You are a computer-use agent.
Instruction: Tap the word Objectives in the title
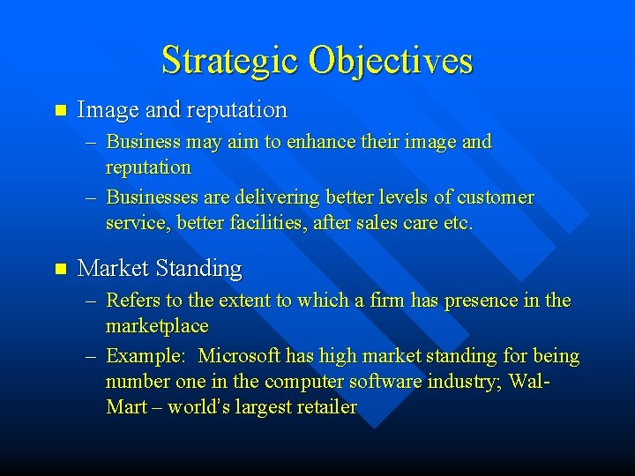391,61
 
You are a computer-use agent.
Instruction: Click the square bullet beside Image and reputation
60,110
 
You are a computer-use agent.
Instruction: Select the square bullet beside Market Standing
60,268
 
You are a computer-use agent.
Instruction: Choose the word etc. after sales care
459,223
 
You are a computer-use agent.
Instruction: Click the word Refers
133,301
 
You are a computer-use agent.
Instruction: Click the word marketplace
157,326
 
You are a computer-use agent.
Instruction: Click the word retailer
325,407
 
